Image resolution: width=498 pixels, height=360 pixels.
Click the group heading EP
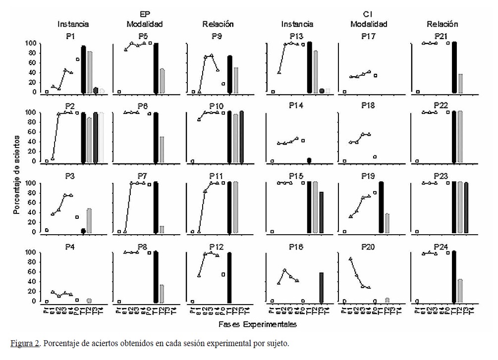[x=145, y=14]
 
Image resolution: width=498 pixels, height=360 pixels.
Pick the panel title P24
[x=441, y=246]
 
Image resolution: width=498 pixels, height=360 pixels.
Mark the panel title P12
[x=218, y=246]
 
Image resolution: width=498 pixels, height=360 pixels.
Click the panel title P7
[x=145, y=176]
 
